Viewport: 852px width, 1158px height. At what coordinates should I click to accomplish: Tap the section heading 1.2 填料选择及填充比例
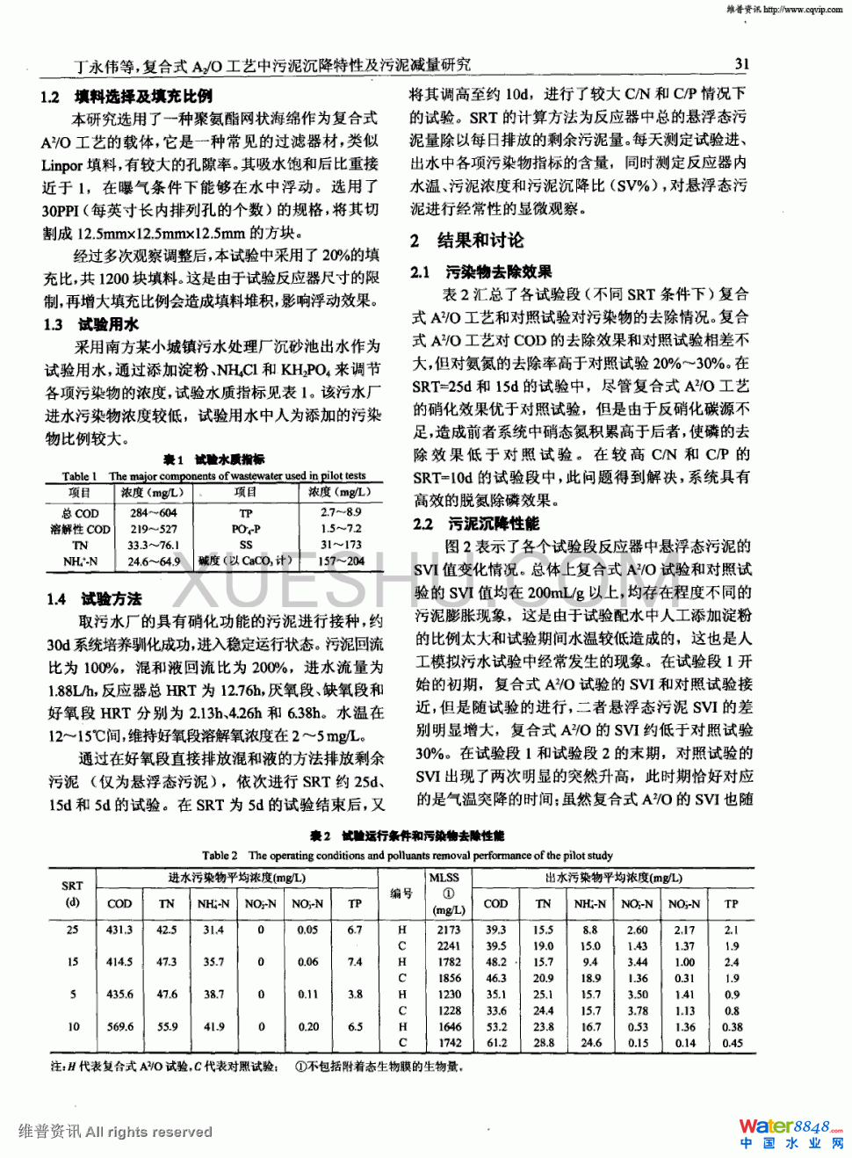pos(127,97)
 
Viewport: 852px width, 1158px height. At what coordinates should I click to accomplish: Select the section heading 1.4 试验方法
pos(95,599)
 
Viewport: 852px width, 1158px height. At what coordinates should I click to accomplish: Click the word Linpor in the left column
pos(61,165)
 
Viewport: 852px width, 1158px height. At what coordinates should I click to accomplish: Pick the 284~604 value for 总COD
pos(154,513)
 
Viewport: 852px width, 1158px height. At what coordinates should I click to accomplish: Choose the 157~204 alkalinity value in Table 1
pos(341,561)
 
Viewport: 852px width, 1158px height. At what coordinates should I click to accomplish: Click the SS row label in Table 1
pos(246,545)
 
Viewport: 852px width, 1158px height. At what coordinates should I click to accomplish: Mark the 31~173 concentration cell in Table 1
pos(341,545)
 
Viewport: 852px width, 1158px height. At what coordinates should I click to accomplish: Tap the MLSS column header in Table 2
pos(444,877)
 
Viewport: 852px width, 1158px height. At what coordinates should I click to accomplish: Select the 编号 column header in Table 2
pos(402,893)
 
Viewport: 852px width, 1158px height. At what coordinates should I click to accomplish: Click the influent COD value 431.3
pos(119,930)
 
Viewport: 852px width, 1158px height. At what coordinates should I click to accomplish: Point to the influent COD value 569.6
pos(120,1026)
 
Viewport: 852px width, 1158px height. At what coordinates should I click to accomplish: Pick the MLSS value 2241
pos(449,946)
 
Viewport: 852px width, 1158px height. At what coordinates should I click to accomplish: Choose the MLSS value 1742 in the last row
pos(450,1043)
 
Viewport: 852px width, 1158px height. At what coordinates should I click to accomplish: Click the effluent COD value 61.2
pos(496,1043)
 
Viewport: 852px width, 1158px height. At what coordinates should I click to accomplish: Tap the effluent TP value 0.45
pos(732,1043)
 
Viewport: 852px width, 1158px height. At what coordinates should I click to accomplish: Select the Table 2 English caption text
pos(408,855)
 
